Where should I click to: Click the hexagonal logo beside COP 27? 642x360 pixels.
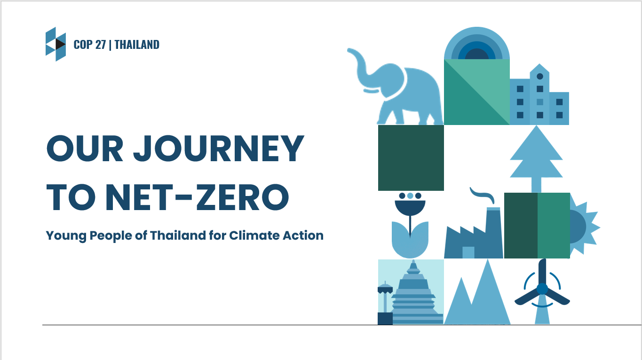coord(55,44)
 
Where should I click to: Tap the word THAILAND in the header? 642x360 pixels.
coord(137,45)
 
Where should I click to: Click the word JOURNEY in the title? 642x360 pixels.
coord(219,149)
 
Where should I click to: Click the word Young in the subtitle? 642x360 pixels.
coord(66,236)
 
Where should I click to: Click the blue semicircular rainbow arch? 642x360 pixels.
coord(477,43)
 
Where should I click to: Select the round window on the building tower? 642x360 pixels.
coord(540,77)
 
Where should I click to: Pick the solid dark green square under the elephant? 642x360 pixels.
coord(411,158)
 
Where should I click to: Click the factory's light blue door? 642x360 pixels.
coord(468,252)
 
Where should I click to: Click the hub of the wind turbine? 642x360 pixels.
coord(542,289)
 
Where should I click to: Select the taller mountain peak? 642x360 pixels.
coord(488,292)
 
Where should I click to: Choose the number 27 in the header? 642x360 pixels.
coord(101,45)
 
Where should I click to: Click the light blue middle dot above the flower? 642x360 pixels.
coord(410,196)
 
